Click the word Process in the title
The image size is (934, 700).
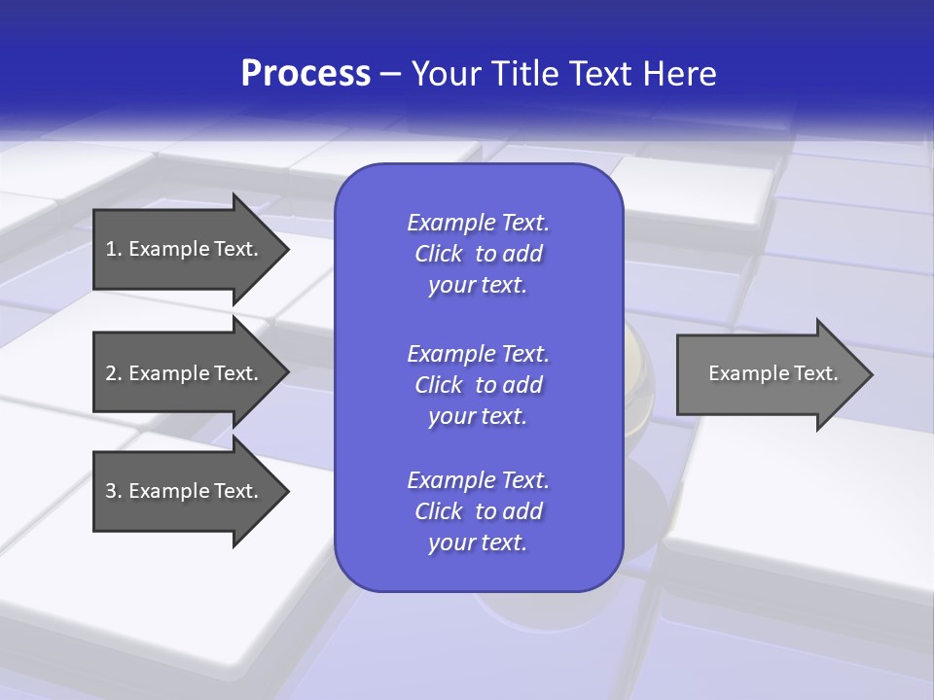point(305,74)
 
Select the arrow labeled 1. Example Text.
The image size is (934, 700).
point(185,249)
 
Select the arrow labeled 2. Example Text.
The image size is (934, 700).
point(185,373)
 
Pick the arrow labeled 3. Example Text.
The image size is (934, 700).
point(185,491)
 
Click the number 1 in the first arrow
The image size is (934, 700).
point(111,249)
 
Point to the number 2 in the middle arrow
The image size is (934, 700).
point(111,373)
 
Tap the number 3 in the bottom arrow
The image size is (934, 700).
point(111,491)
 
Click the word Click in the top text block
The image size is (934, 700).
point(439,255)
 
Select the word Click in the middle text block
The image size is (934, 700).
point(439,385)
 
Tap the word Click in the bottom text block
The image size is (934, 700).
point(439,511)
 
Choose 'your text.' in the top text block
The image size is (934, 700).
point(478,286)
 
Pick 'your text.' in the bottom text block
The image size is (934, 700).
point(478,543)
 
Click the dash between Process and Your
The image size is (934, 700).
point(391,75)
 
